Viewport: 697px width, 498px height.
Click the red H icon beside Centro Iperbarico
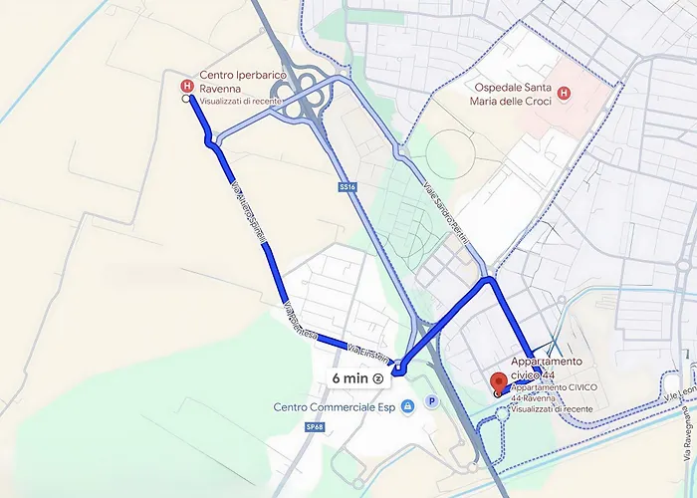[186, 87]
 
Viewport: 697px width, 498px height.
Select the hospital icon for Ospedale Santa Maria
[565, 95]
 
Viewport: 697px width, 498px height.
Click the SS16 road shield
[347, 187]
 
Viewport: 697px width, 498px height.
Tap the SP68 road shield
[316, 426]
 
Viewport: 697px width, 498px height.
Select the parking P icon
[431, 402]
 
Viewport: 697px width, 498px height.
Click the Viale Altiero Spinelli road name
[251, 213]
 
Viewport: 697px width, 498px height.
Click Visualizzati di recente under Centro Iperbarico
[240, 101]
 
